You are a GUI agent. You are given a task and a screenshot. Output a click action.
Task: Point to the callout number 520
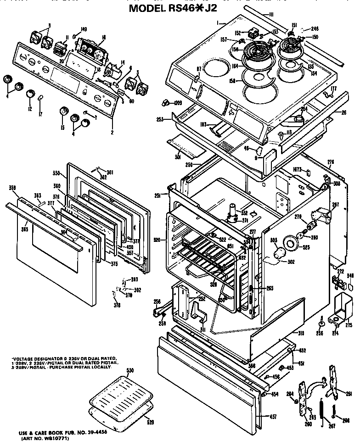pos(157,240)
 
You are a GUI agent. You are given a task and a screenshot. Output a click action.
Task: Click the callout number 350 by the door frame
pos(56,174)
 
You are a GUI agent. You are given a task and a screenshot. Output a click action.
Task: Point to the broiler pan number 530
pos(130,370)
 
